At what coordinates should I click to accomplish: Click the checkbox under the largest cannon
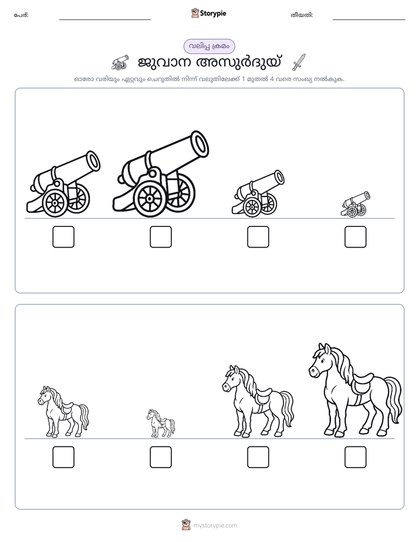point(161,237)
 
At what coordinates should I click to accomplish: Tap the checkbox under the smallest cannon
point(356,237)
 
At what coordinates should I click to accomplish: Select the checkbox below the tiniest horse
point(161,457)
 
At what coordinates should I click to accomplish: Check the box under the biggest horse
point(356,457)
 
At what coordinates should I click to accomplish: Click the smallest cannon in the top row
point(355,204)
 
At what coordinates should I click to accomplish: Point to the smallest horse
point(161,423)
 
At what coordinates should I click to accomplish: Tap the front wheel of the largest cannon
point(150,199)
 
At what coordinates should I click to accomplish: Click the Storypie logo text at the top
point(212,13)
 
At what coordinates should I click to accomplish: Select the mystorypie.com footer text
point(215,526)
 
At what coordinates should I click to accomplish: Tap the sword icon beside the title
point(299,62)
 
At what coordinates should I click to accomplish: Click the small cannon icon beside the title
point(120,62)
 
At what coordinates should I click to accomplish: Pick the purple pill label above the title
point(209,46)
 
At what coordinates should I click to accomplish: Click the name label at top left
point(21,15)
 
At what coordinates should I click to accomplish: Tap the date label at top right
point(302,15)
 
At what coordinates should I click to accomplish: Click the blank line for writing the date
point(369,20)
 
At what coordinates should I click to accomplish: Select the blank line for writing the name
point(104,20)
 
